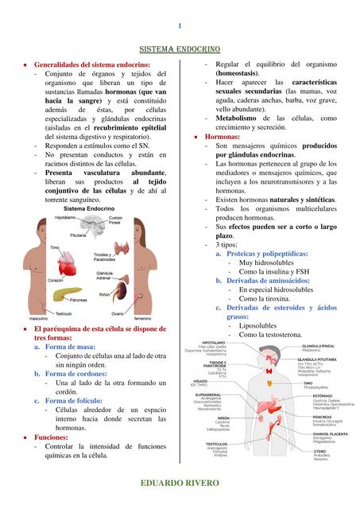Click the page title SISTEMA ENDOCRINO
point(180,49)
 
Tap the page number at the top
point(180,25)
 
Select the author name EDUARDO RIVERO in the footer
point(180,484)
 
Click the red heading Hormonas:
point(223,137)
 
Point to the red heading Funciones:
point(51,437)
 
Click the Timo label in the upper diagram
point(55,248)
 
